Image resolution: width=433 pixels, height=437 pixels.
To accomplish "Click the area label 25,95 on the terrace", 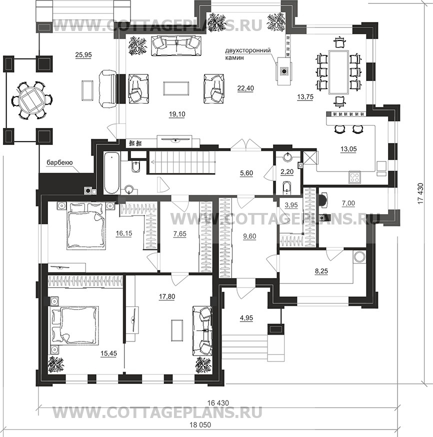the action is [83, 55].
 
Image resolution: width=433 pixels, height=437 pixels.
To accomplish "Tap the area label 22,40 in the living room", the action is [245, 88].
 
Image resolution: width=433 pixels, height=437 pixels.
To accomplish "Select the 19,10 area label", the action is [177, 114].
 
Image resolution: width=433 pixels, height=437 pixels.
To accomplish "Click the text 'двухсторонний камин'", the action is [248, 54].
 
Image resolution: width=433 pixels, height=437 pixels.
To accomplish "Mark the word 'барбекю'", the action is [59, 162].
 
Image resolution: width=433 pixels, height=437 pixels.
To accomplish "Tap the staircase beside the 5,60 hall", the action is [181, 162].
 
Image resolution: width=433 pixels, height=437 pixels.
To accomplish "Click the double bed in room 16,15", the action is [86, 225].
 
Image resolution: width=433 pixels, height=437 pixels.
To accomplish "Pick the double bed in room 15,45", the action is [74, 326].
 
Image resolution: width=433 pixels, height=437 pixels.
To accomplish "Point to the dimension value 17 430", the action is [420, 193].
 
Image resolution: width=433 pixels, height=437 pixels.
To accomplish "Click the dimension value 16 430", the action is [218, 402].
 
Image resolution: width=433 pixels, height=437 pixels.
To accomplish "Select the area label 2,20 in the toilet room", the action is [287, 171].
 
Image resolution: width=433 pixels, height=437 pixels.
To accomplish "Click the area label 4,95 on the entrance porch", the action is [246, 317].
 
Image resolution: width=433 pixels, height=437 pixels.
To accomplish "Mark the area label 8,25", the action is [321, 270].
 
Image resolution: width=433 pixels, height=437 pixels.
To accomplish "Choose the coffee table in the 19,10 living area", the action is [176, 88].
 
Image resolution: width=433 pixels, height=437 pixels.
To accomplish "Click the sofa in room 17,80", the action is [202, 330].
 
